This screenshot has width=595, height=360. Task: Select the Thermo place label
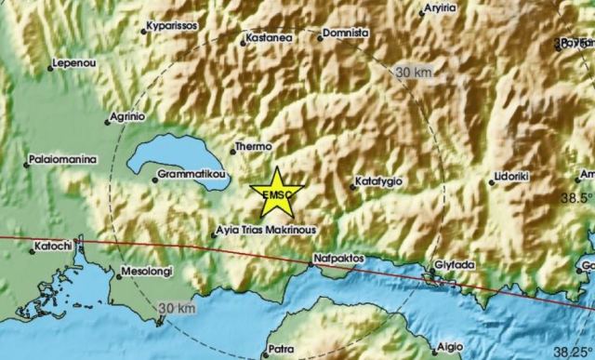[254, 146]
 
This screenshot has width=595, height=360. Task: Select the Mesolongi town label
[147, 273]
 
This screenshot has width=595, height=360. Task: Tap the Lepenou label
[77, 66]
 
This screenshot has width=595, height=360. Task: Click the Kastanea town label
[270, 38]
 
